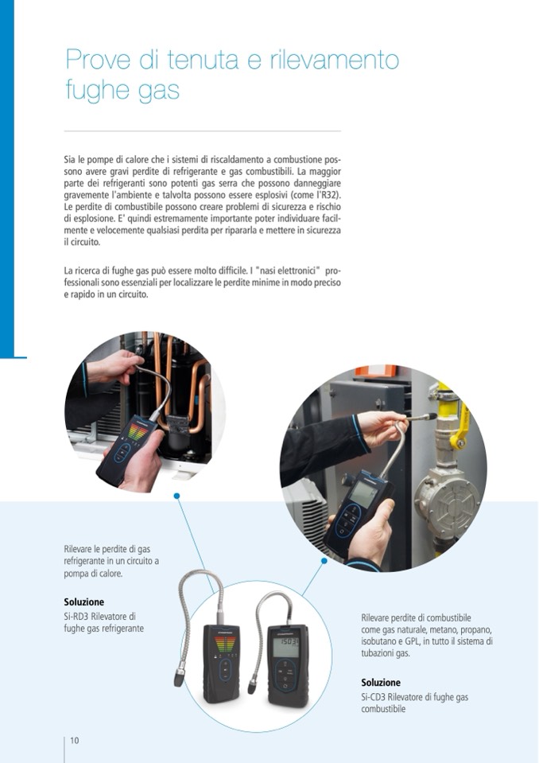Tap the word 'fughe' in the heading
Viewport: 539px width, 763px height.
[x=96, y=91]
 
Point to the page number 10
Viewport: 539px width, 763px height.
[x=75, y=741]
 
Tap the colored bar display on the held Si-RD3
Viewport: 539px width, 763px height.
[x=137, y=431]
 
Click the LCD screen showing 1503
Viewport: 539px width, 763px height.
[x=285, y=647]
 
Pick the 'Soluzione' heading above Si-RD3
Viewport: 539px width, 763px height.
[x=84, y=602]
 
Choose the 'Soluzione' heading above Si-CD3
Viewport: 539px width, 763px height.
[x=381, y=682]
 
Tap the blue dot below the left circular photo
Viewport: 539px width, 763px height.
[x=177, y=496]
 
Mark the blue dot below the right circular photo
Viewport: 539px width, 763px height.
[x=324, y=561]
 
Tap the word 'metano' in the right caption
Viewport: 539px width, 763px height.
[x=442, y=629]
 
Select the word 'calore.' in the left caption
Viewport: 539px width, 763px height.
[x=110, y=573]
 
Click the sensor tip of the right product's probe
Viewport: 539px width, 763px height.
[x=253, y=687]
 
